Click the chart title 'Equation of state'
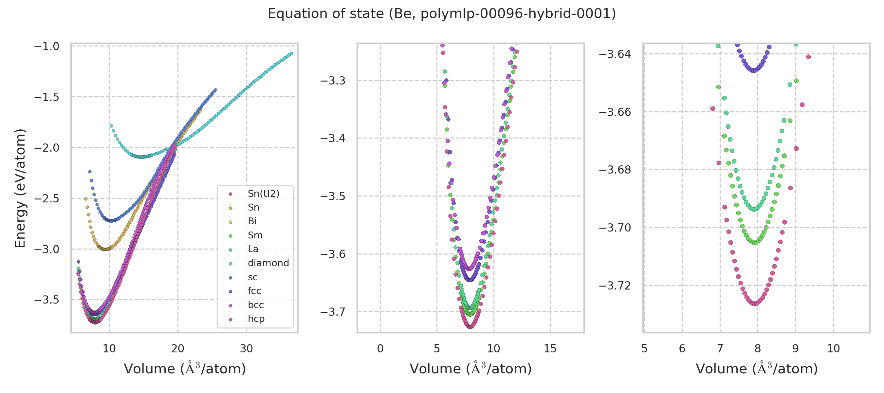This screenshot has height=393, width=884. click(x=442, y=14)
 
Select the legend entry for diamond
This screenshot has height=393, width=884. click(x=268, y=263)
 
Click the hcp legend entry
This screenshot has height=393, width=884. click(x=256, y=319)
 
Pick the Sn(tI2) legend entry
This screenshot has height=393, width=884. click(x=263, y=194)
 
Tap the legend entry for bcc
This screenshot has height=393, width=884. click(x=256, y=305)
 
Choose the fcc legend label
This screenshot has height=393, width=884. click(x=254, y=291)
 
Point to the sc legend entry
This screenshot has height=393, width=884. click(x=252, y=277)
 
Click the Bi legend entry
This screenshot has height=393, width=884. click(x=252, y=221)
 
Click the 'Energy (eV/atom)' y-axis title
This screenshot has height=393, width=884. click(x=20, y=188)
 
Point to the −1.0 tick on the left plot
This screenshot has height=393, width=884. click(x=47, y=46)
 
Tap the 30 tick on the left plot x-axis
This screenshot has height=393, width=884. click(x=247, y=349)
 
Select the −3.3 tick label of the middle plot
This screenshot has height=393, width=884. click(x=333, y=81)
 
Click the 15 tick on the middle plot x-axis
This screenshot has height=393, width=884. click(x=550, y=349)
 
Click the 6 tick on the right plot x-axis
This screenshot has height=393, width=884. click(x=682, y=349)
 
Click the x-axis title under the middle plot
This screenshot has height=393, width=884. click(x=470, y=369)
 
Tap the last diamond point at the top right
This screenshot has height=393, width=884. click(x=291, y=53)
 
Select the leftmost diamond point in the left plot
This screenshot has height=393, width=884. click(x=111, y=126)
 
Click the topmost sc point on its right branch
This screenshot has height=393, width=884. click(x=215, y=90)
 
